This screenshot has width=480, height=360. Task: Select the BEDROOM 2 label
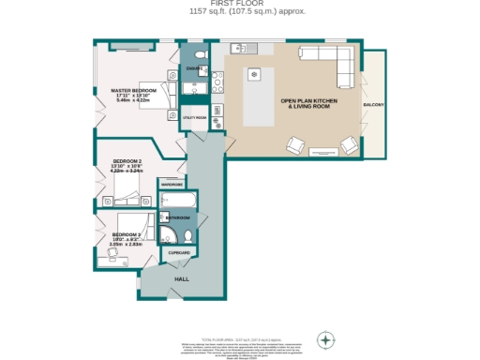(x=127, y=161)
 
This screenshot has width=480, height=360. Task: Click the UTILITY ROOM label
(x=194, y=118)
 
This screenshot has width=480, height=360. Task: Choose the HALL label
(x=182, y=278)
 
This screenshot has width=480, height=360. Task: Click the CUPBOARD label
(x=179, y=253)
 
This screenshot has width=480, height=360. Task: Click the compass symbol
(x=325, y=338)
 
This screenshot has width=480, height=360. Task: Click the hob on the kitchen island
(x=253, y=74)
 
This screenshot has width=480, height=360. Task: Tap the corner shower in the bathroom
(x=170, y=234)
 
